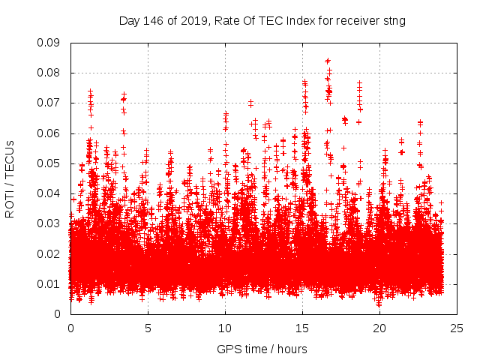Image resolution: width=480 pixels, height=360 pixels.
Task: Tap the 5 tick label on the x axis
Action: click(x=148, y=328)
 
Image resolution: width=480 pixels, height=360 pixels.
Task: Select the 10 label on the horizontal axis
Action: click(x=225, y=328)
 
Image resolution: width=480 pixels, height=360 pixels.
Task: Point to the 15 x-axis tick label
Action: click(x=302, y=328)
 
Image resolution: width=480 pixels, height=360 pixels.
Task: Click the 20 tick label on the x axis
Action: click(x=380, y=328)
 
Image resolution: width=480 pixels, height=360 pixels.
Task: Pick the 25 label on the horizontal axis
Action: click(x=457, y=328)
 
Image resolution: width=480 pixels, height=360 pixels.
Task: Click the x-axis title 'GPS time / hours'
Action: click(x=262, y=349)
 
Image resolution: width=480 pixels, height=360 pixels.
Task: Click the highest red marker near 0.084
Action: click(x=328, y=61)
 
